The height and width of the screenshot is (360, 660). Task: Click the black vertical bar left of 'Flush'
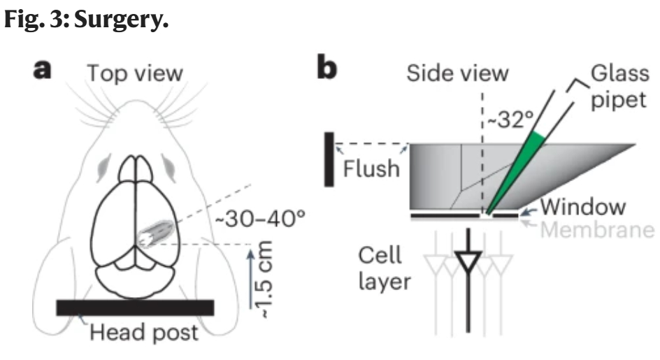329,159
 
